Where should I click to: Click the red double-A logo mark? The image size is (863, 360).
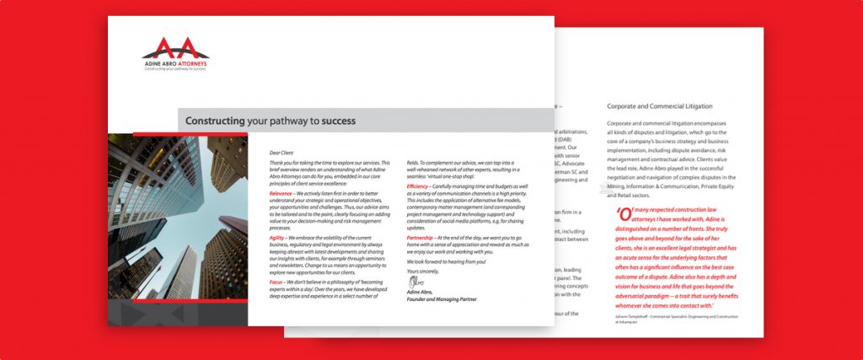[x=174, y=47]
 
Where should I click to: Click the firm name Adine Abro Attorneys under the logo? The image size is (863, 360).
[x=174, y=63]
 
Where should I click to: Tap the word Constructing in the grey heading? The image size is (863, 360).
[x=215, y=121]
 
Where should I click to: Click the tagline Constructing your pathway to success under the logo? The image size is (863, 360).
[x=174, y=69]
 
